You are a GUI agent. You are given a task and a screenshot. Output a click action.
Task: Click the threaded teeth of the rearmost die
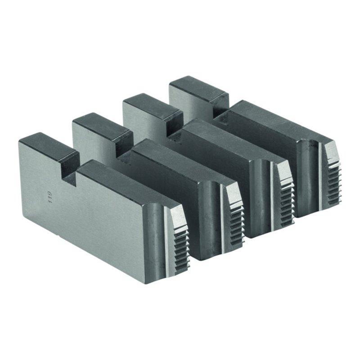click(x=334, y=184)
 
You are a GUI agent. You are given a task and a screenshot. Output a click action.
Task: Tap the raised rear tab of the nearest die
click(x=49, y=147)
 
